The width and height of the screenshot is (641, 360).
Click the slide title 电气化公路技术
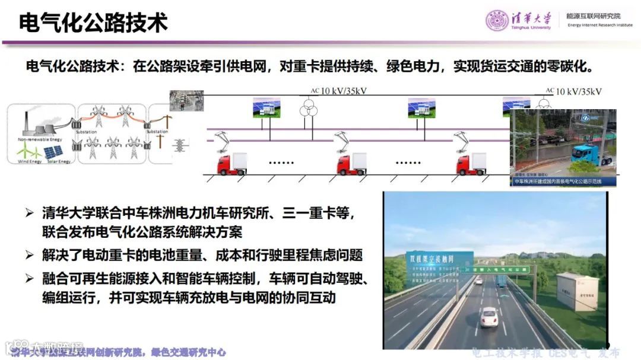(93, 22)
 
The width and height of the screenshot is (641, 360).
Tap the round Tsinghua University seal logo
(497, 20)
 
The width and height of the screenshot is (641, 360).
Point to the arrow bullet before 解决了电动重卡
(29, 256)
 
